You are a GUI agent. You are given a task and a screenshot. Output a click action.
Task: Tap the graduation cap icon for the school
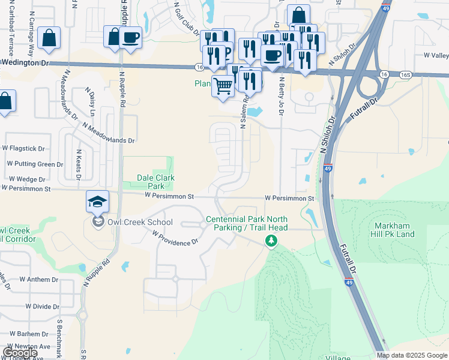tap(97, 202)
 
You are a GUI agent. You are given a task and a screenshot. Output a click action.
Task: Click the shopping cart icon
tap(223, 86)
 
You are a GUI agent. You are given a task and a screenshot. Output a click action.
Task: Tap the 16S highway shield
tap(406, 74)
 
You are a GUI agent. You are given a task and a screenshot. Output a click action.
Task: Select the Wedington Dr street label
tap(25, 62)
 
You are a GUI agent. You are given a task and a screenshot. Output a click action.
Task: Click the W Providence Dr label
tap(175, 239)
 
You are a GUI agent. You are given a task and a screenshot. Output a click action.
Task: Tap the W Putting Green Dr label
tap(35, 164)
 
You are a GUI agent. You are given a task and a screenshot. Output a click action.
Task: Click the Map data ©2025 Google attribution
tap(412, 355)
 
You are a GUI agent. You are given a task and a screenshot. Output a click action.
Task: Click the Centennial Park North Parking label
tap(247, 223)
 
